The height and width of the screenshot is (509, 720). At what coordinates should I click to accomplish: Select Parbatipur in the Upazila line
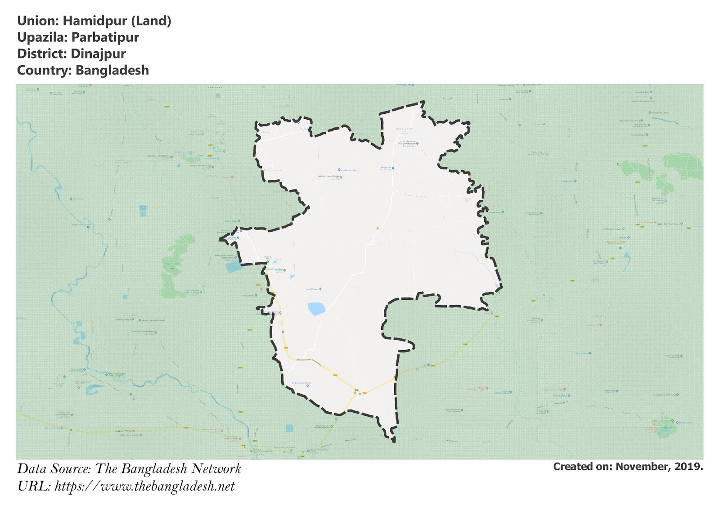click(105, 37)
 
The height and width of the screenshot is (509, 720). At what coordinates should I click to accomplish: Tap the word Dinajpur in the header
click(98, 54)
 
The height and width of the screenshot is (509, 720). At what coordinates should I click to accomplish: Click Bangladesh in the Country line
click(112, 71)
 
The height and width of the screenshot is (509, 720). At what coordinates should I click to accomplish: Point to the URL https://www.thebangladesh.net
click(144, 486)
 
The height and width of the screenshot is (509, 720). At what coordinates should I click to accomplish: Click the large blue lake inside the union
click(316, 309)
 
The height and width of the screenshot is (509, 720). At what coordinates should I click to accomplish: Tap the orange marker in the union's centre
click(378, 229)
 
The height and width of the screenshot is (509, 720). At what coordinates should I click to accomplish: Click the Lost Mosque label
click(313, 289)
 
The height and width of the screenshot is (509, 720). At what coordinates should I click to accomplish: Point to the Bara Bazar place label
click(404, 129)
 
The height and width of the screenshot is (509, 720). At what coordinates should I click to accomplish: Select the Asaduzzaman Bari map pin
click(339, 170)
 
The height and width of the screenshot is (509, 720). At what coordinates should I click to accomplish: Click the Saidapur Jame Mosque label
click(328, 176)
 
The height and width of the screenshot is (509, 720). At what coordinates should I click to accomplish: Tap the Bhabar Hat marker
click(392, 168)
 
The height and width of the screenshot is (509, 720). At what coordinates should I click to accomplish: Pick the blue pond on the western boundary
click(233, 267)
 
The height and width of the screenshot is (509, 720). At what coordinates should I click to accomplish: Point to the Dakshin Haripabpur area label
click(538, 153)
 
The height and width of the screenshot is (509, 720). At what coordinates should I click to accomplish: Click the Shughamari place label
click(273, 170)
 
